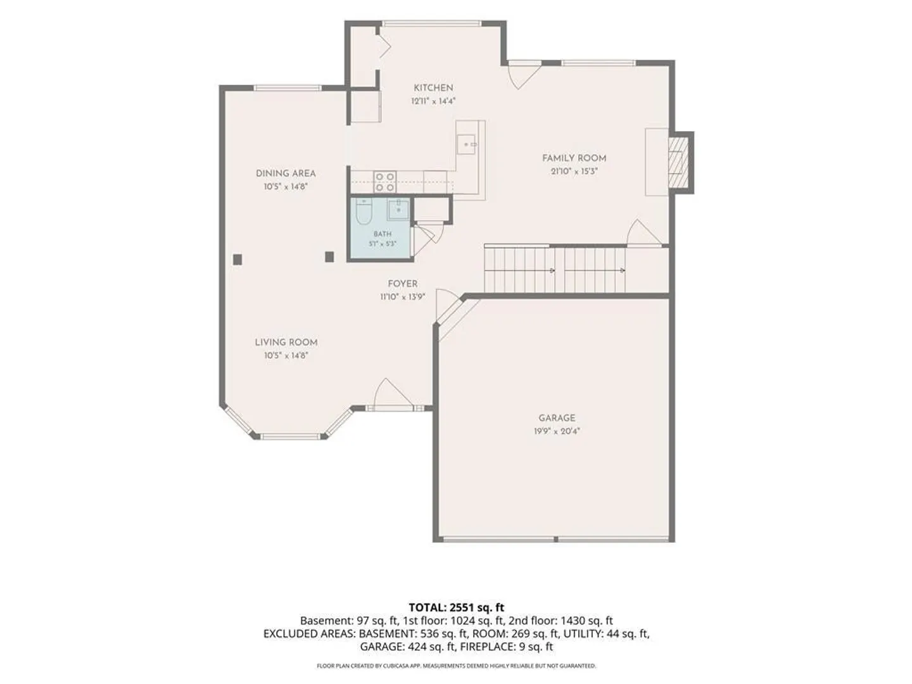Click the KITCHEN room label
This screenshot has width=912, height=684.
(x=433, y=88)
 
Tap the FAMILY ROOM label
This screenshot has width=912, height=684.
(x=574, y=158)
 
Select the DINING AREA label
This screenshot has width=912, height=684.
(x=286, y=174)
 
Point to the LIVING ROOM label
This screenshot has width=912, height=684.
(x=286, y=343)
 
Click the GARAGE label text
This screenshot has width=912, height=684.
(x=557, y=418)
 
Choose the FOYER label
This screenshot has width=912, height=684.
(x=402, y=284)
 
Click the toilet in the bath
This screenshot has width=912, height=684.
(x=364, y=212)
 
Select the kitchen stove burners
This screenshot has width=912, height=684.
(x=384, y=182)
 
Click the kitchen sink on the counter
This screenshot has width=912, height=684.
(x=465, y=144)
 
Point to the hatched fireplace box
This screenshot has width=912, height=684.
(x=678, y=162)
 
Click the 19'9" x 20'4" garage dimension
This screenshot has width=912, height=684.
(x=557, y=431)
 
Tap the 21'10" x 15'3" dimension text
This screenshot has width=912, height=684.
(x=574, y=172)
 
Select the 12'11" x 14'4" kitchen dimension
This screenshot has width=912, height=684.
(x=433, y=101)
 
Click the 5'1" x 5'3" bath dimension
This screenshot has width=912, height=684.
(x=383, y=244)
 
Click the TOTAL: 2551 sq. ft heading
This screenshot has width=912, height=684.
(x=456, y=607)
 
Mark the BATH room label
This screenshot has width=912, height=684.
(x=383, y=234)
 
